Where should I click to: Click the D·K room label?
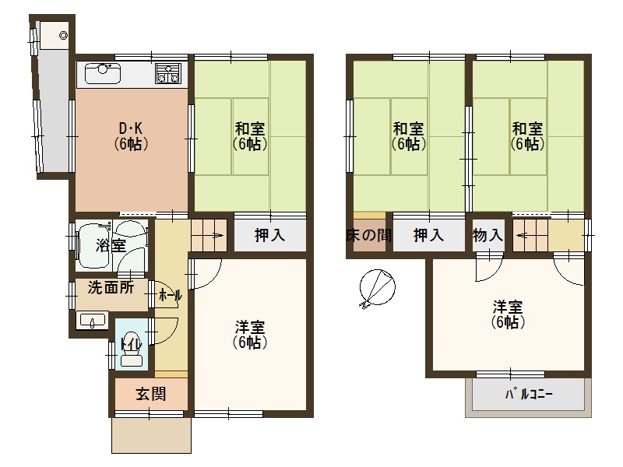point(131,136)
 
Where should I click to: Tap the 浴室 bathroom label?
point(111,246)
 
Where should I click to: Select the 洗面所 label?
point(110,286)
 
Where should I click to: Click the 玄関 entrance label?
point(151,394)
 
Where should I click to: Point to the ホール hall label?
point(170,296)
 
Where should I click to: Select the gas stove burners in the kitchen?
point(167,74)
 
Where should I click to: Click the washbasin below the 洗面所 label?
point(93,321)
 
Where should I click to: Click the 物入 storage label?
point(487,235)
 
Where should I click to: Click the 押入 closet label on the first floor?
point(269,235)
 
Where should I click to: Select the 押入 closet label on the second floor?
point(428,235)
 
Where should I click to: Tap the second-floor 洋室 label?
point(507,313)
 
